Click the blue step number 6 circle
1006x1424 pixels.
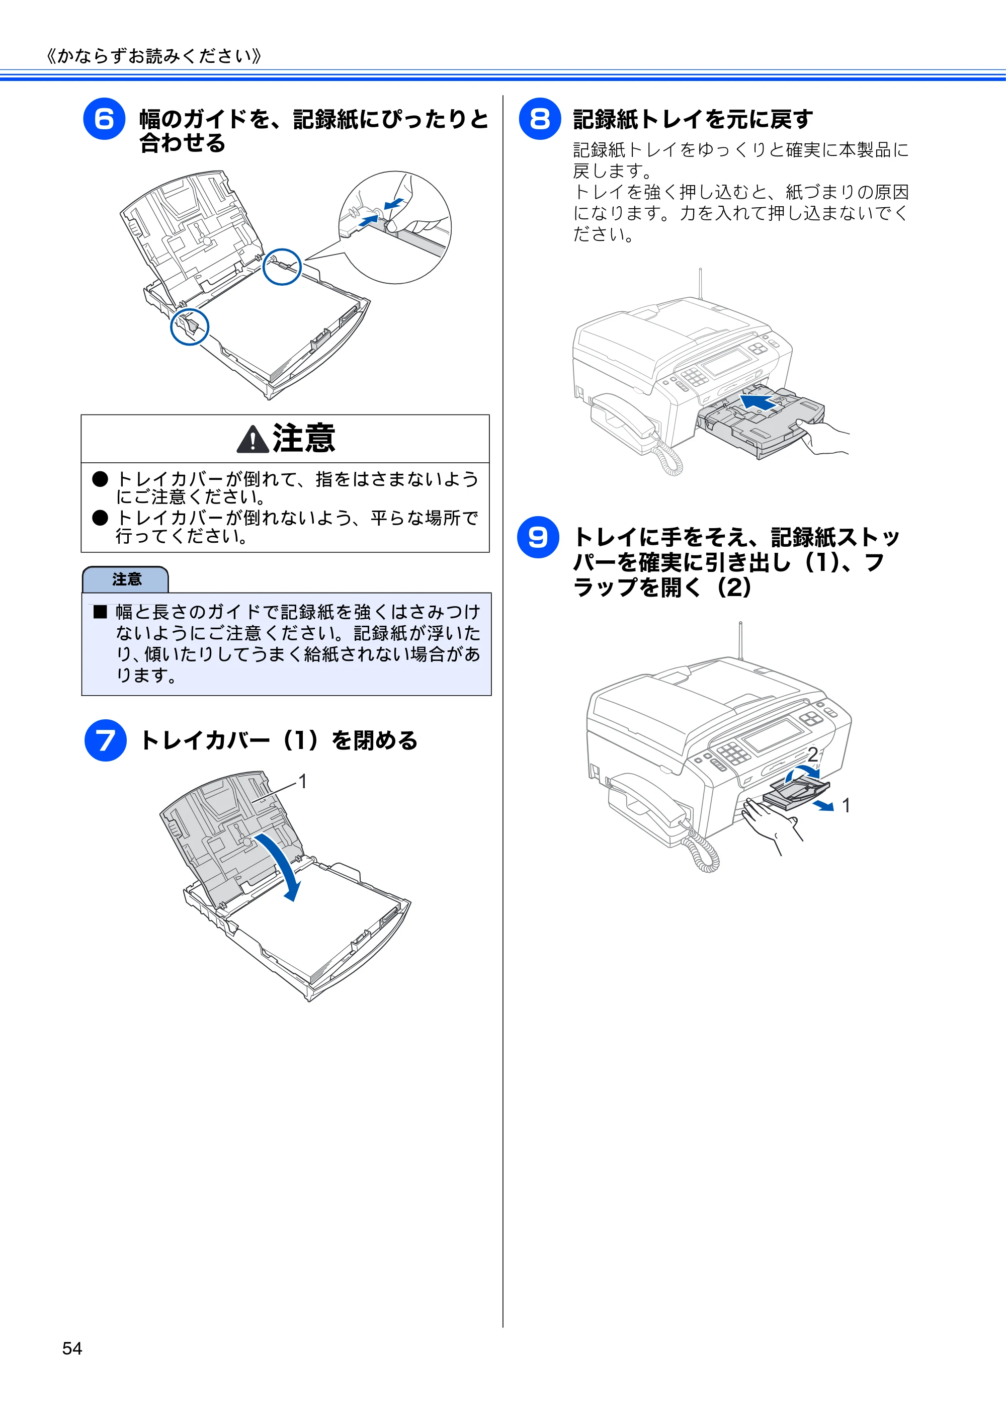[x=104, y=119]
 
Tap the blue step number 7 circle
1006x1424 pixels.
[x=106, y=740]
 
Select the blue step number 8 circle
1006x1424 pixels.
[x=540, y=119]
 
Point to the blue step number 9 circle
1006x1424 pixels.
[x=538, y=537]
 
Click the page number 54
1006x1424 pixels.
[x=72, y=1349]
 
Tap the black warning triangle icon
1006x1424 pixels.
[x=253, y=439]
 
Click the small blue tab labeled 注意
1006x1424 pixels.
[x=125, y=579]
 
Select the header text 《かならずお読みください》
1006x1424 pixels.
[x=154, y=56]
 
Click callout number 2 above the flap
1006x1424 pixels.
[x=812, y=755]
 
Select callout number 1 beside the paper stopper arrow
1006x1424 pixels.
[x=846, y=806]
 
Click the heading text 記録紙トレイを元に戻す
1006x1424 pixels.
[x=693, y=119]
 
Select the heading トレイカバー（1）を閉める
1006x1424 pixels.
[x=279, y=740]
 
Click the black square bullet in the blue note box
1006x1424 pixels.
[x=101, y=612]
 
